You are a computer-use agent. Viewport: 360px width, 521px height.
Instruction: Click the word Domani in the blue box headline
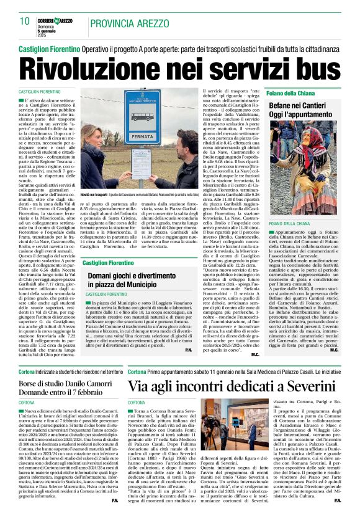103,275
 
